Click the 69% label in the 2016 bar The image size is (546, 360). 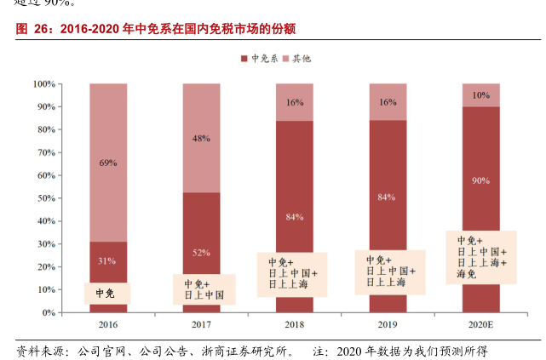click(x=107, y=163)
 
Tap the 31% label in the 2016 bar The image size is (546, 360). click(x=107, y=260)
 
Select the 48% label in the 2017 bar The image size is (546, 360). click(x=201, y=138)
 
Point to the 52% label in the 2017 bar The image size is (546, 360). click(x=201, y=253)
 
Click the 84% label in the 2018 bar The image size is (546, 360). click(x=295, y=216)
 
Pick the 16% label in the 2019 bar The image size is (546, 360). click(x=388, y=102)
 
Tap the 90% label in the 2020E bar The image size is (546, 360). click(x=481, y=180)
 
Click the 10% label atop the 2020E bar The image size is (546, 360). click(x=481, y=95)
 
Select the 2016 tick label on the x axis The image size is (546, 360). click(x=107, y=324)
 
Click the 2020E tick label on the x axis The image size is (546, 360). click(x=481, y=324)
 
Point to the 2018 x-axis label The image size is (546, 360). click(x=295, y=324)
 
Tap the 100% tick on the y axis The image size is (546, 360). click(x=44, y=84)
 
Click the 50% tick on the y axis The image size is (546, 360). click(x=46, y=198)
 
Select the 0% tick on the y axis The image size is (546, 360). click(x=49, y=312)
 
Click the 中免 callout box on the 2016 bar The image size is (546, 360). click(x=105, y=294)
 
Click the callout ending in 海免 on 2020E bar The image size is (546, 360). click(x=481, y=257)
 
